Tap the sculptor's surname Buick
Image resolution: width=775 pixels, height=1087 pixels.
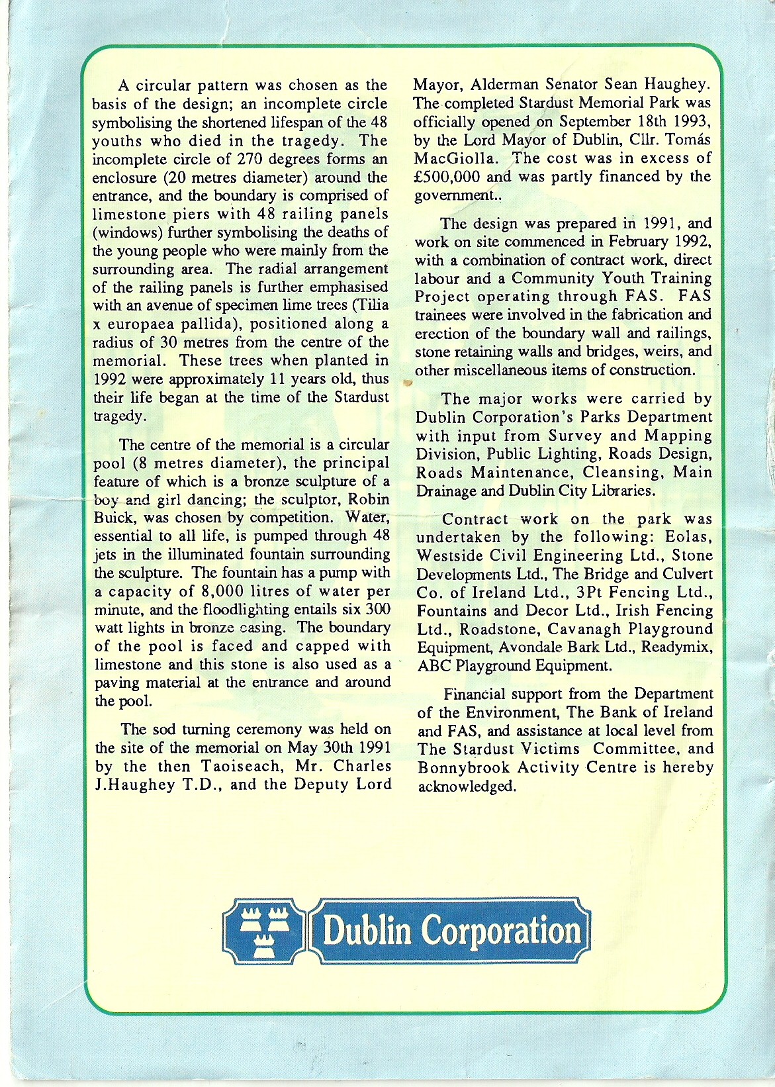pyautogui.click(x=114, y=518)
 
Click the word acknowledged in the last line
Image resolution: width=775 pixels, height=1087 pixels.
pyautogui.click(x=467, y=786)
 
